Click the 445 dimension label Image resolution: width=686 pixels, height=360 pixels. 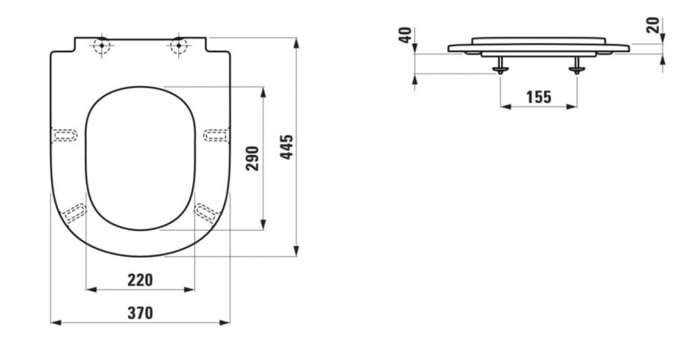pos(287,147)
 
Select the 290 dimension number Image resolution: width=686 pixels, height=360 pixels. pos(253,158)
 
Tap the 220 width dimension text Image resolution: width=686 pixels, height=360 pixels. pos(141,280)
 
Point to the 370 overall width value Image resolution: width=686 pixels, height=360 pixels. pos(141,312)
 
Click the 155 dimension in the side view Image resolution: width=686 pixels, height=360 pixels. pos(539,97)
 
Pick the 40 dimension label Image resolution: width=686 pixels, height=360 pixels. pos(406,35)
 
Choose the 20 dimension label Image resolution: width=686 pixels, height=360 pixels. pos(653,25)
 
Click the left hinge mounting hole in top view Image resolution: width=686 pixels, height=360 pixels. pos(102,45)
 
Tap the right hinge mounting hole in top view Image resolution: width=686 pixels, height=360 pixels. pos(178,45)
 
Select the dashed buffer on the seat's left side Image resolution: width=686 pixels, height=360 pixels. pos(64,135)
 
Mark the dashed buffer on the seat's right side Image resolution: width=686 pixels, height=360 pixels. pos(216,135)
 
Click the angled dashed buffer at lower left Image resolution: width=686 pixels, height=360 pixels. pos(74,213)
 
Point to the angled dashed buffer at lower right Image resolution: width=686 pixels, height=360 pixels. pos(206,213)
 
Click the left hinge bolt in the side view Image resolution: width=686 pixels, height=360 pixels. pos(500,65)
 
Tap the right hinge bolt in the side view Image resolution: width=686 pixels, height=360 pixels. pos(577,65)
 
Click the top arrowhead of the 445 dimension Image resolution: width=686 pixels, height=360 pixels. pos(296,43)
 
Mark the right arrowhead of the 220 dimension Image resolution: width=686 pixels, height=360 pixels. pos(190,290)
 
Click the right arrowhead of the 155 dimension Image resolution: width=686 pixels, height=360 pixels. pos(572,107)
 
